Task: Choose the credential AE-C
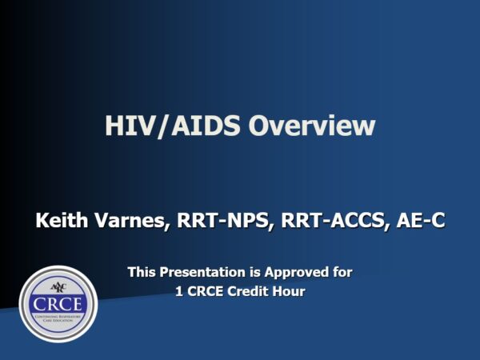pos(420,220)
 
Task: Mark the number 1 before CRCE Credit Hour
pos(179,292)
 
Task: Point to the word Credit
pos(250,292)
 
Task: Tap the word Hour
pos(289,292)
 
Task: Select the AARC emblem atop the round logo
pos(57,286)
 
